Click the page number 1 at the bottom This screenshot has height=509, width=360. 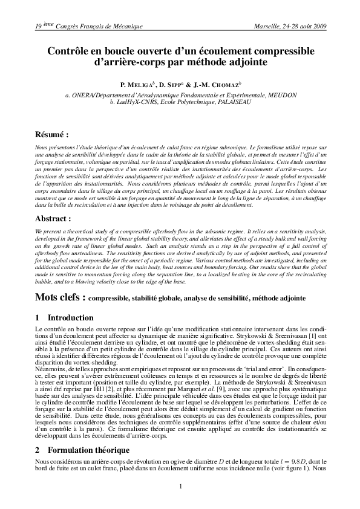point(180,486)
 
